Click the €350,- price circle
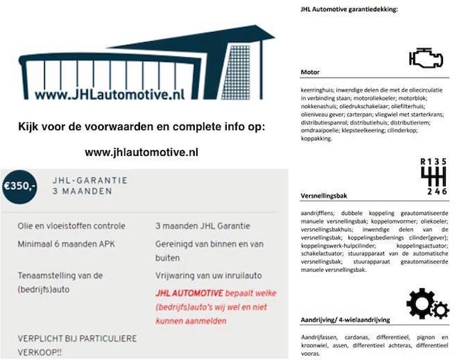point(19,186)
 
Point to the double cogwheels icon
point(427,305)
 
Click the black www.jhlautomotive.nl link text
point(141,152)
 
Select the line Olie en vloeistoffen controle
point(72,226)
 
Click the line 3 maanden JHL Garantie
point(203,226)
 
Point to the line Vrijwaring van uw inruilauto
point(211,275)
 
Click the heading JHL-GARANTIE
point(90,180)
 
